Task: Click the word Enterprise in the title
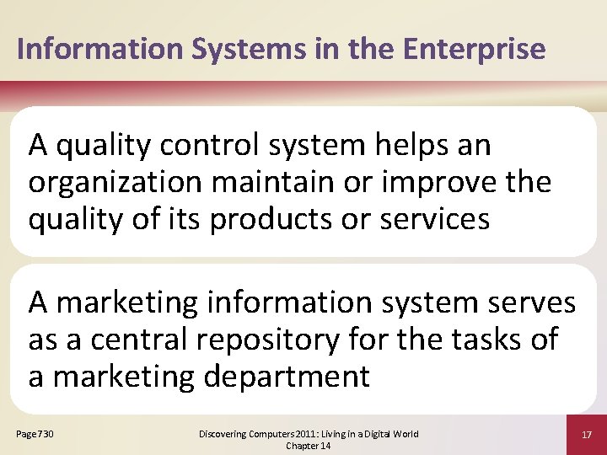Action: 474,49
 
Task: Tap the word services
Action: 434,219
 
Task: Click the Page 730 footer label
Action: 35,434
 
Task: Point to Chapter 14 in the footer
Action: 308,446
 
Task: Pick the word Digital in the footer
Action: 384,434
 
